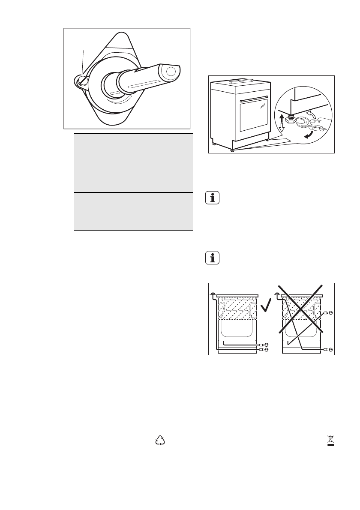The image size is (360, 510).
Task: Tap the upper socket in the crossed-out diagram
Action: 327,313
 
